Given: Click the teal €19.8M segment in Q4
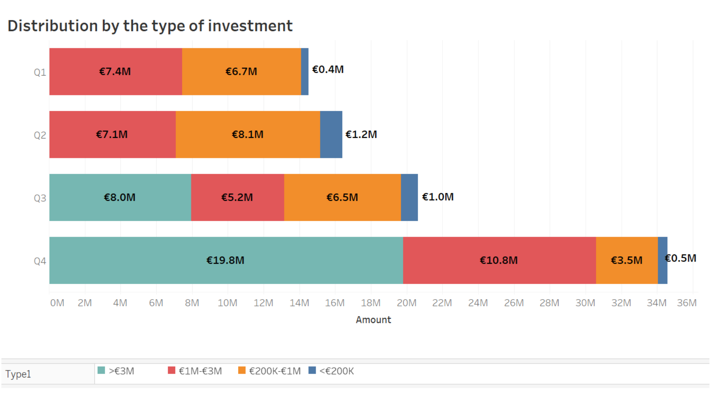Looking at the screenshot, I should [226, 260].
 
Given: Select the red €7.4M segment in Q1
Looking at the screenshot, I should [116, 71].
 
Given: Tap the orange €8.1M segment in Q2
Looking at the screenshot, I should [248, 134].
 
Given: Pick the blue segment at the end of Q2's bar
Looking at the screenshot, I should [331, 134].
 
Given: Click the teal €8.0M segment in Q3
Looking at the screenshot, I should [120, 197].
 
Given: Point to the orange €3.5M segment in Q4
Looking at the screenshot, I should [627, 260].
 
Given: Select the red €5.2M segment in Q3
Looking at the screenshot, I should [237, 197].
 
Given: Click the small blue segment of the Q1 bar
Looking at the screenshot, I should [305, 71].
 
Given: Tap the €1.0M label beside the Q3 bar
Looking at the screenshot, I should [438, 197].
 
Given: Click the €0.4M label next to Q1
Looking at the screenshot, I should [328, 70].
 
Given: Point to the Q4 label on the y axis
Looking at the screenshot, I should [40, 261].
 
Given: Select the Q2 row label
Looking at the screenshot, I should [40, 135].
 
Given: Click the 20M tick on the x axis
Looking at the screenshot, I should [407, 303].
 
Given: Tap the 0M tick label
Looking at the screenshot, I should [57, 303].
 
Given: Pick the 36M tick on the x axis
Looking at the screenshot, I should [687, 303].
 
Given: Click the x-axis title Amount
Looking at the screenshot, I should [373, 320].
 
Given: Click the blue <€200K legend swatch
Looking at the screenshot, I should [312, 370].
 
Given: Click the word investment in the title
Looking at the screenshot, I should [250, 26].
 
